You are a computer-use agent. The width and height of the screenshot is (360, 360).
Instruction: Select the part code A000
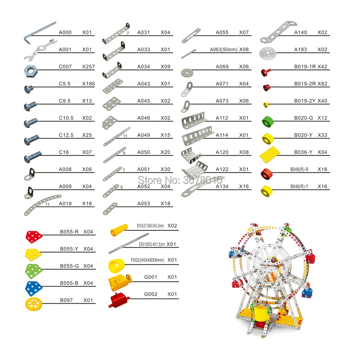click(65, 32)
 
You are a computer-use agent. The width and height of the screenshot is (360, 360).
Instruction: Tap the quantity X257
click(88, 66)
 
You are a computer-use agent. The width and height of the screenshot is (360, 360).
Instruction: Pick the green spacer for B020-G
click(268, 122)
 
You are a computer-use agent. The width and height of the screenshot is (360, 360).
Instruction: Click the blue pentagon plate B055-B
click(34, 288)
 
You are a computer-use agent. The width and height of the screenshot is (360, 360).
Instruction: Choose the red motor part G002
click(118, 300)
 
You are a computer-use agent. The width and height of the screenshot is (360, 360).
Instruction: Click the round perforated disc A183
click(267, 53)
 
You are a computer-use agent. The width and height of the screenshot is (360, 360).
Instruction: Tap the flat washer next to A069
click(187, 72)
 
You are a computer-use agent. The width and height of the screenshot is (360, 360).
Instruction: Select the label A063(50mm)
click(224, 50)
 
